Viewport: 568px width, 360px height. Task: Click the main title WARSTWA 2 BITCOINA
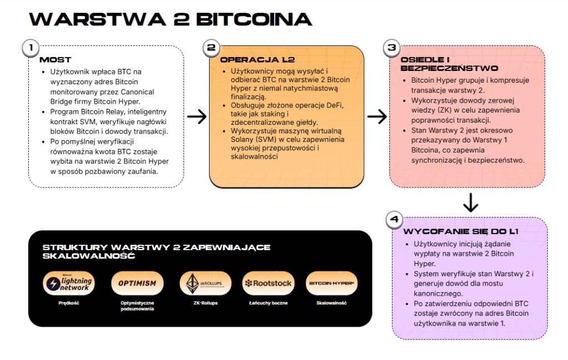pos(170,19)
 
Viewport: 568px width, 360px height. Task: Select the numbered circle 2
pos(211,48)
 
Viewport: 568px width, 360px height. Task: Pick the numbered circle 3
pos(392,48)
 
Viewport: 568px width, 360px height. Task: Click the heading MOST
pos(55,59)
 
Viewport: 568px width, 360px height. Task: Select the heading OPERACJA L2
pos(253,59)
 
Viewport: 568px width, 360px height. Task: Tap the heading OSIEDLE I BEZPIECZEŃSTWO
pos(442,64)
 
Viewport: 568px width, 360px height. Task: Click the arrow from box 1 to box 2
pos(196,116)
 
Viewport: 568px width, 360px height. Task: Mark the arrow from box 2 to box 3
pos(377,116)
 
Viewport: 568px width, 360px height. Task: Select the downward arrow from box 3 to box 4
pos(470,202)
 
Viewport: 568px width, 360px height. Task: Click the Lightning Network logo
pos(69,283)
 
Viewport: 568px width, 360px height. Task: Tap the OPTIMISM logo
pos(137,283)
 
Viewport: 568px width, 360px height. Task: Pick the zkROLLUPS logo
pos(205,283)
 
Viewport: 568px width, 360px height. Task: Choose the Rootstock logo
pos(268,283)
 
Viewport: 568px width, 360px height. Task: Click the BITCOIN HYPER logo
pos(331,283)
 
